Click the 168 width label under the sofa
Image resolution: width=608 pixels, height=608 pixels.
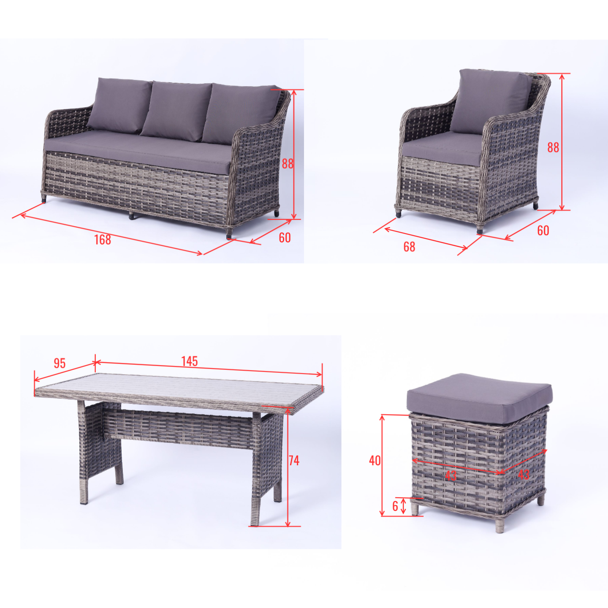pyautogui.click(x=103, y=240)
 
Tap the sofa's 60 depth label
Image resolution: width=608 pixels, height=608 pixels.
pyautogui.click(x=285, y=238)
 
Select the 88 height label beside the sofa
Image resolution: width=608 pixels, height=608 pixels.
pyautogui.click(x=288, y=164)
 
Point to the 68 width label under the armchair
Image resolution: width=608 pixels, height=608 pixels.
pyautogui.click(x=409, y=247)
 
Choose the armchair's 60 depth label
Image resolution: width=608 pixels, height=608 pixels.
pyautogui.click(x=543, y=231)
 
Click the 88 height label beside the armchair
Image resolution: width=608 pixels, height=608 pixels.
pyautogui.click(x=553, y=148)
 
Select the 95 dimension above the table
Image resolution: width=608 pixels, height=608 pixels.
pyautogui.click(x=59, y=364)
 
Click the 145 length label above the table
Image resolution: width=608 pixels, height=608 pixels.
pyautogui.click(x=190, y=361)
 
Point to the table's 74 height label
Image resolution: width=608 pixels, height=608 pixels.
pyautogui.click(x=294, y=461)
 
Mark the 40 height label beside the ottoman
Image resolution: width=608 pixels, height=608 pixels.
pyautogui.click(x=375, y=461)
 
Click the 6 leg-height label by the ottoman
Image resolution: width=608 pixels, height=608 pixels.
pyautogui.click(x=395, y=506)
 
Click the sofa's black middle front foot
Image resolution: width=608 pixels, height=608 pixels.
pyautogui.click(x=131, y=216)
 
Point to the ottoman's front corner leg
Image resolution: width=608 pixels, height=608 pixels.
pyautogui.click(x=499, y=525)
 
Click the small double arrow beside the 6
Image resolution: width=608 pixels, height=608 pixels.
pyautogui.click(x=403, y=506)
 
